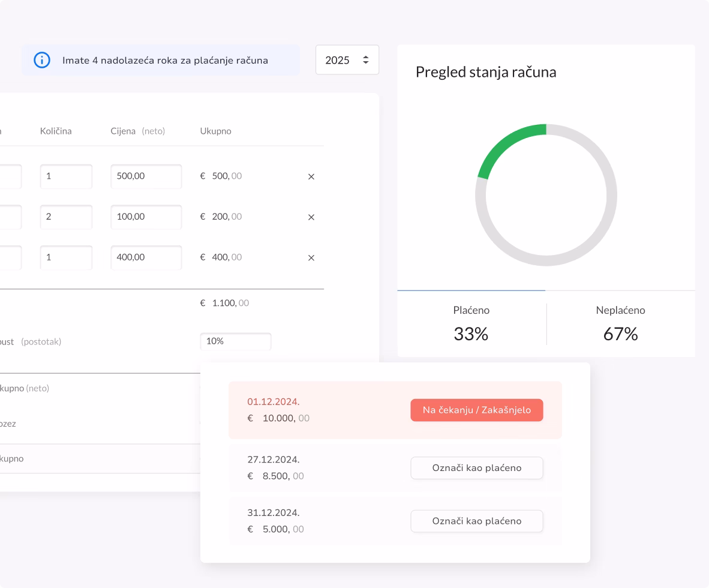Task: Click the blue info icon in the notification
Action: coord(41,60)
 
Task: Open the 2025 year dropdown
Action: coord(347,60)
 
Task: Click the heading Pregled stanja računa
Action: coord(486,72)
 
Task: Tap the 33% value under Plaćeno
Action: coord(471,334)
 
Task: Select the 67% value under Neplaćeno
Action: coord(620,334)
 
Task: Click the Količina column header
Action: coord(56,131)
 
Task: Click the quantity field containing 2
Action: coord(66,217)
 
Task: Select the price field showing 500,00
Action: coord(146,176)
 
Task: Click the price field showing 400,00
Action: coord(146,257)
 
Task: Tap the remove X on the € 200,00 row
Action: coord(311,217)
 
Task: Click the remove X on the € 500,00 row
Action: coord(311,177)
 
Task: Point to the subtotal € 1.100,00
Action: coord(224,303)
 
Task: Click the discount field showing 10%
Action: coord(235,341)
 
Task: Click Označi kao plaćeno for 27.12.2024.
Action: coord(476,468)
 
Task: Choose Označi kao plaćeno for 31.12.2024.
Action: coord(476,521)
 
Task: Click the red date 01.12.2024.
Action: coord(274,401)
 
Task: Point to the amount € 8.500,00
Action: coord(276,476)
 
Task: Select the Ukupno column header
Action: coord(215,131)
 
